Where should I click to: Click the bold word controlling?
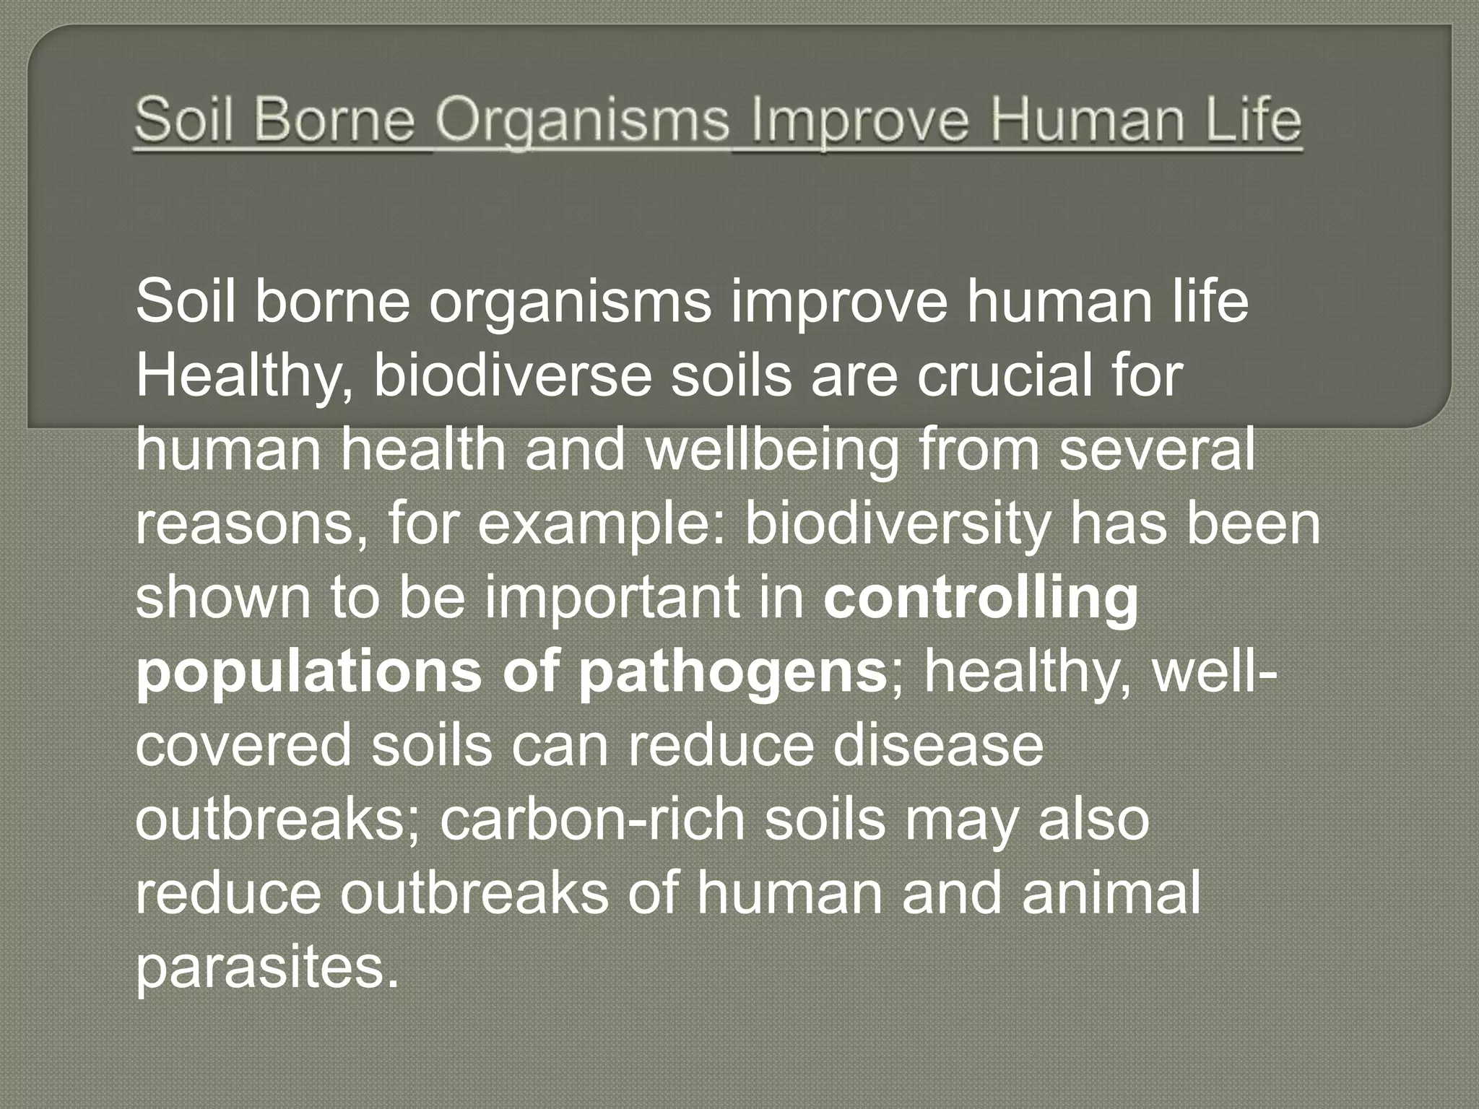pyautogui.click(x=981, y=600)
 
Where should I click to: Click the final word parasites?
pyautogui.click(x=266, y=969)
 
